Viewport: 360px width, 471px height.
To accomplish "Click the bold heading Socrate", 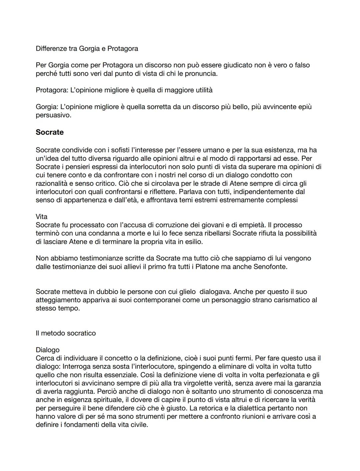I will pos(50,132).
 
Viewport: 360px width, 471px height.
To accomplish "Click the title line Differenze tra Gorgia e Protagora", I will pos(87,48).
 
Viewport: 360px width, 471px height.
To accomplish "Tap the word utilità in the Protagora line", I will pos(201,90).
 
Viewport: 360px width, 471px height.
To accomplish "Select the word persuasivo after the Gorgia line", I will pos(53,115).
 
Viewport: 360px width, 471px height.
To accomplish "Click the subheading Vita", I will pos(41,216).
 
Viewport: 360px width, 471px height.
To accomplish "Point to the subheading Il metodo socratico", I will pos(66,333).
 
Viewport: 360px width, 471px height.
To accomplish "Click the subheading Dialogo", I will pos(47,350).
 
